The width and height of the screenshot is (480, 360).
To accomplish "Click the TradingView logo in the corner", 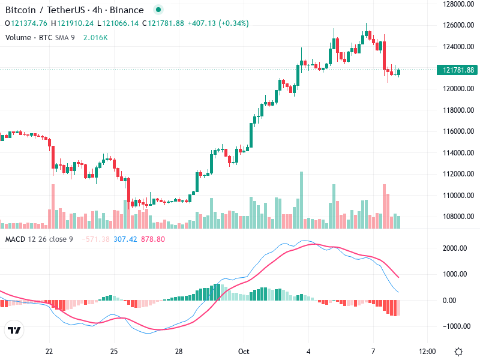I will pyautogui.click(x=14, y=331).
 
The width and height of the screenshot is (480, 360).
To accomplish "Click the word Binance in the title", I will pyautogui.click(x=127, y=10).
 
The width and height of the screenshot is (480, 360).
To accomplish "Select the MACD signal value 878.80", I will pyautogui.click(x=153, y=239).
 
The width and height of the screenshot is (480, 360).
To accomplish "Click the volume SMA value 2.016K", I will pyautogui.click(x=95, y=38).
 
